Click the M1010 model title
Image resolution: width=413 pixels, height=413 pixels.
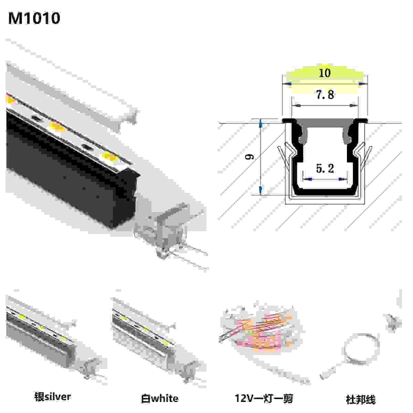(34, 18)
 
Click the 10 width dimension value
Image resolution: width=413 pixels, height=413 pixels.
(325, 73)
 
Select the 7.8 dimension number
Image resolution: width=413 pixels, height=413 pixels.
(325, 95)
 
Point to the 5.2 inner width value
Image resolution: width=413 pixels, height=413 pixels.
(325, 169)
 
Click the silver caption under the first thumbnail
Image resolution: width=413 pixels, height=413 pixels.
(52, 396)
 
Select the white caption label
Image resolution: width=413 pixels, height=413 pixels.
(160, 399)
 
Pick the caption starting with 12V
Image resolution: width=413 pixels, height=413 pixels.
(264, 399)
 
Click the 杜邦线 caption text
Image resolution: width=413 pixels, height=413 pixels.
(360, 399)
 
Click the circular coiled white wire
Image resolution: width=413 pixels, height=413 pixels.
(361, 351)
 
